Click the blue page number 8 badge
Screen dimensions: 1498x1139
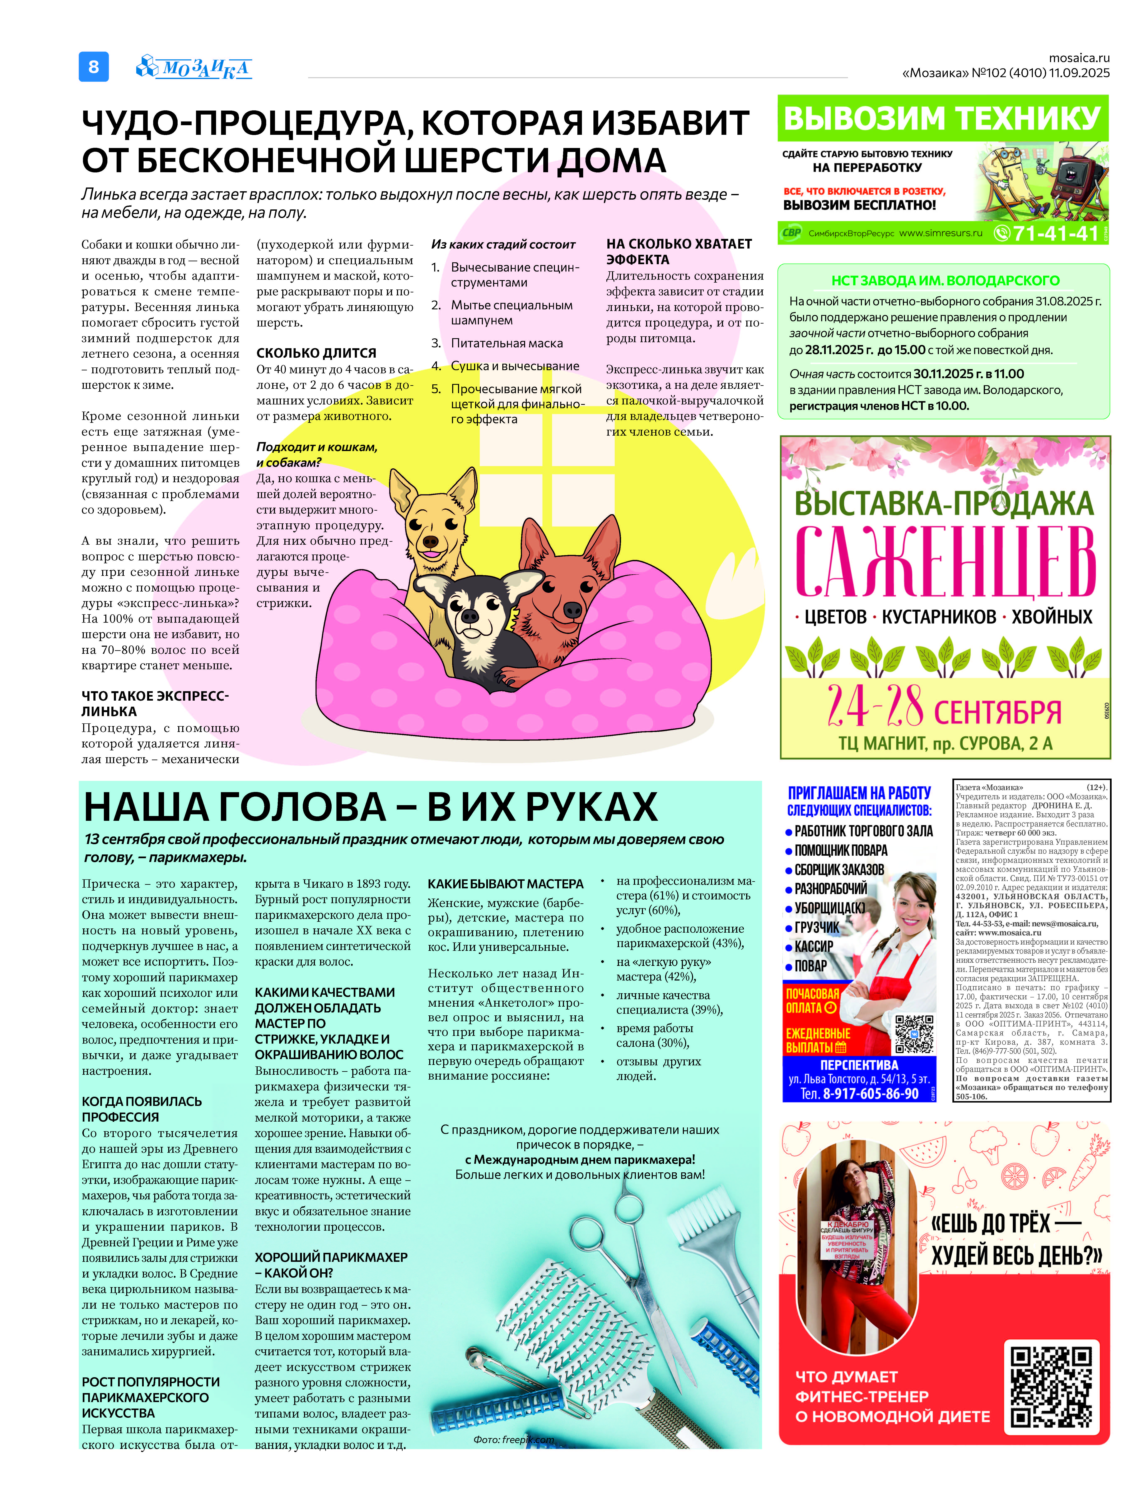point(94,66)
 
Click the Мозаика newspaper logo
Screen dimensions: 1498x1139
point(195,67)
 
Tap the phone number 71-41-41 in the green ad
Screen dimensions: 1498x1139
point(1055,233)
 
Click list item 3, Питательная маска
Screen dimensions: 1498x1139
point(507,343)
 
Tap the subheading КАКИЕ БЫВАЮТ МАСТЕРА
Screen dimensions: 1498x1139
point(505,884)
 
